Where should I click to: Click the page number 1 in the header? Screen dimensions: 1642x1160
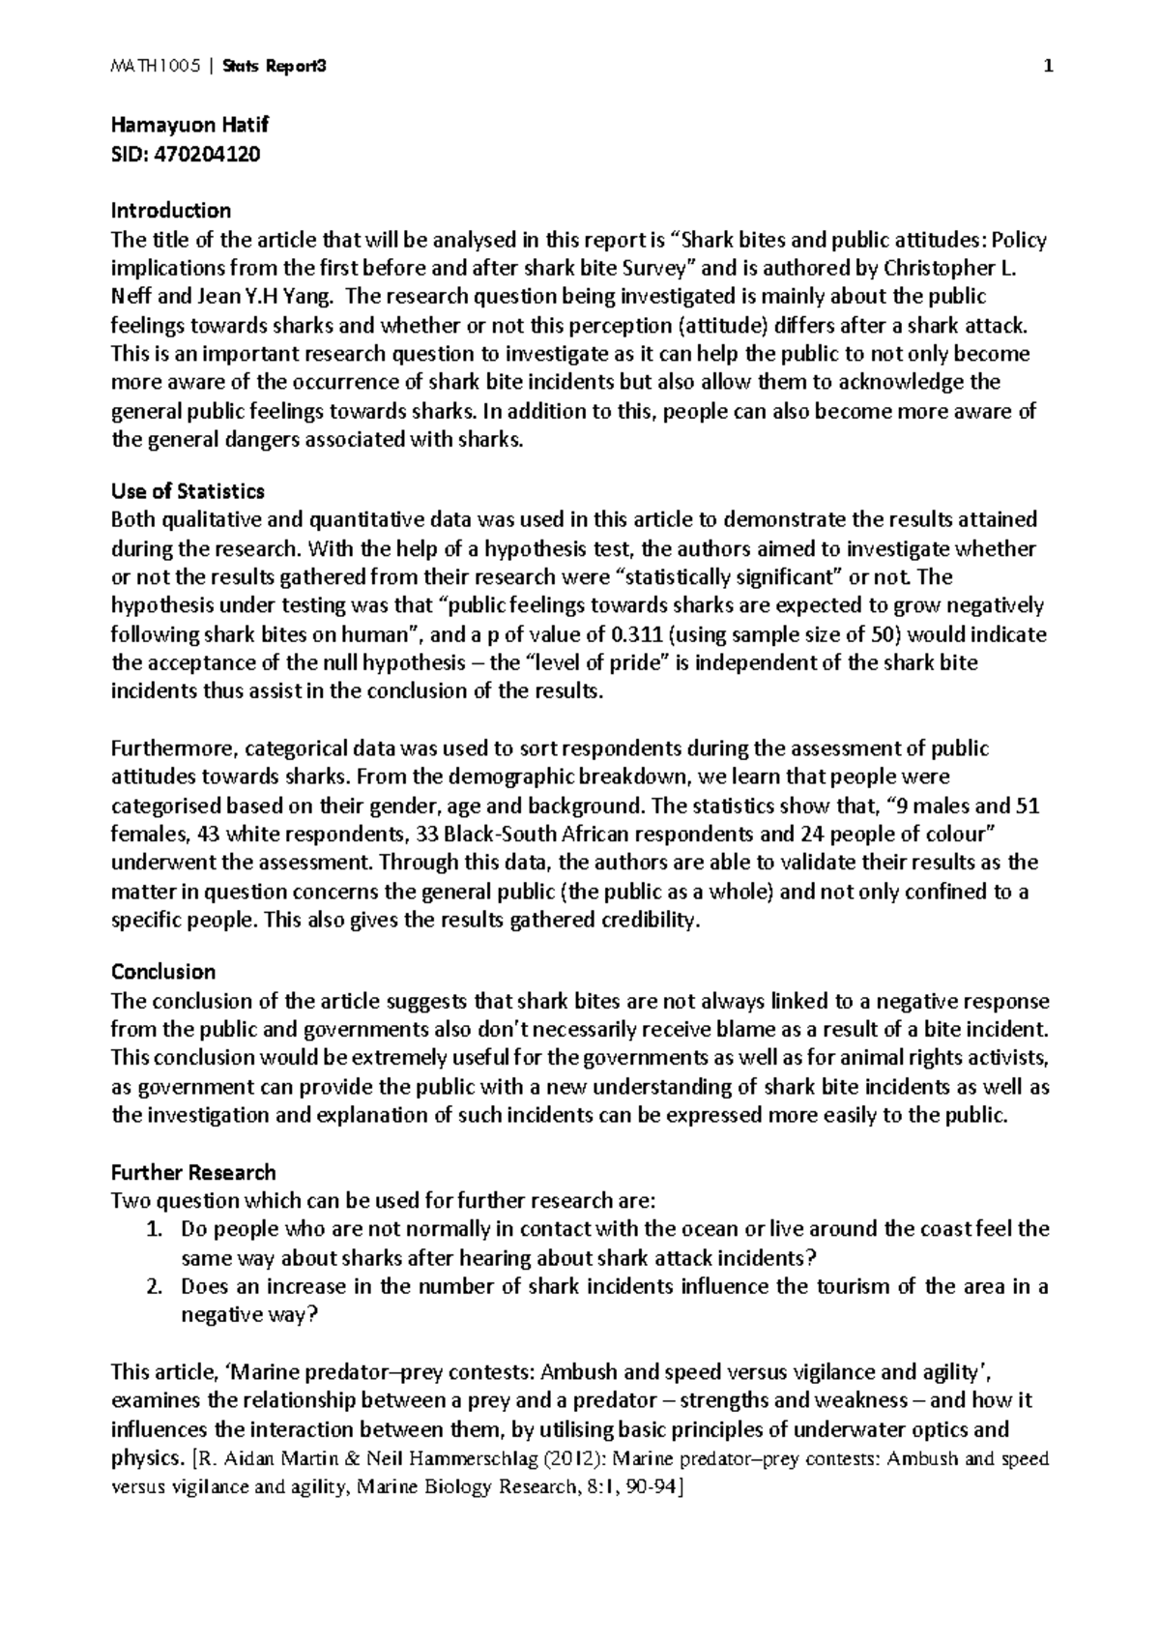click(1047, 67)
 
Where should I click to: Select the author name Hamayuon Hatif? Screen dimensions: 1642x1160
click(189, 125)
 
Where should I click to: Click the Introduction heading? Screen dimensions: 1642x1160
click(171, 211)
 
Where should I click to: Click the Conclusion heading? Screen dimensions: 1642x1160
click(163, 971)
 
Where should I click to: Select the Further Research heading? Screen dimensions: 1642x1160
click(193, 1172)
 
